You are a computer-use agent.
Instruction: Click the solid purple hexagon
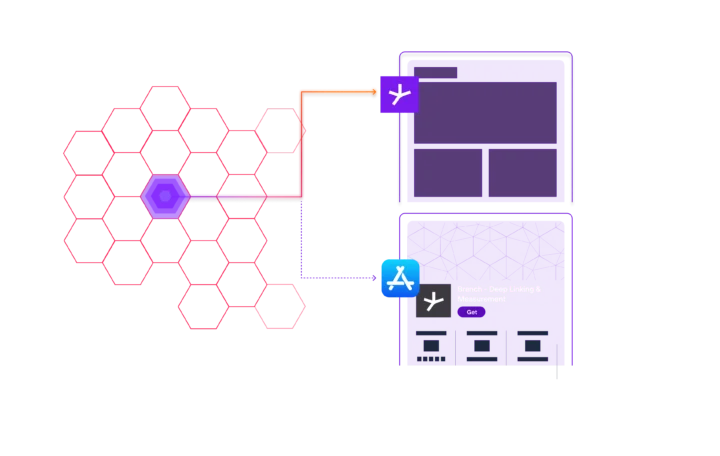point(165,196)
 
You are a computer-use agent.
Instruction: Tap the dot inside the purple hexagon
point(165,196)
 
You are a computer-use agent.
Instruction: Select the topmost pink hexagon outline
point(165,105)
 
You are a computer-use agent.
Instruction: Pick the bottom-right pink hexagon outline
point(280,306)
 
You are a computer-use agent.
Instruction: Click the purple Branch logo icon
point(398,95)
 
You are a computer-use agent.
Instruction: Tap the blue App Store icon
point(399,278)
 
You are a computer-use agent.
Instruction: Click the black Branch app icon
point(433,301)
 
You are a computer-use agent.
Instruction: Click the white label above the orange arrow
point(340,84)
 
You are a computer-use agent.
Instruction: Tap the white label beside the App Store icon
point(340,269)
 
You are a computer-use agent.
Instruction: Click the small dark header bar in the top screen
point(436,72)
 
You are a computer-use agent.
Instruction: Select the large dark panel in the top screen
point(485,113)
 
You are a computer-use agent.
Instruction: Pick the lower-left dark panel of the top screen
point(448,173)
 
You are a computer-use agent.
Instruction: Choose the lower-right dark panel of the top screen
point(522,173)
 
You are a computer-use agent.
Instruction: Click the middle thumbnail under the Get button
point(482,346)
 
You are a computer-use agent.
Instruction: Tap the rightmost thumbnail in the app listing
point(532,346)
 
